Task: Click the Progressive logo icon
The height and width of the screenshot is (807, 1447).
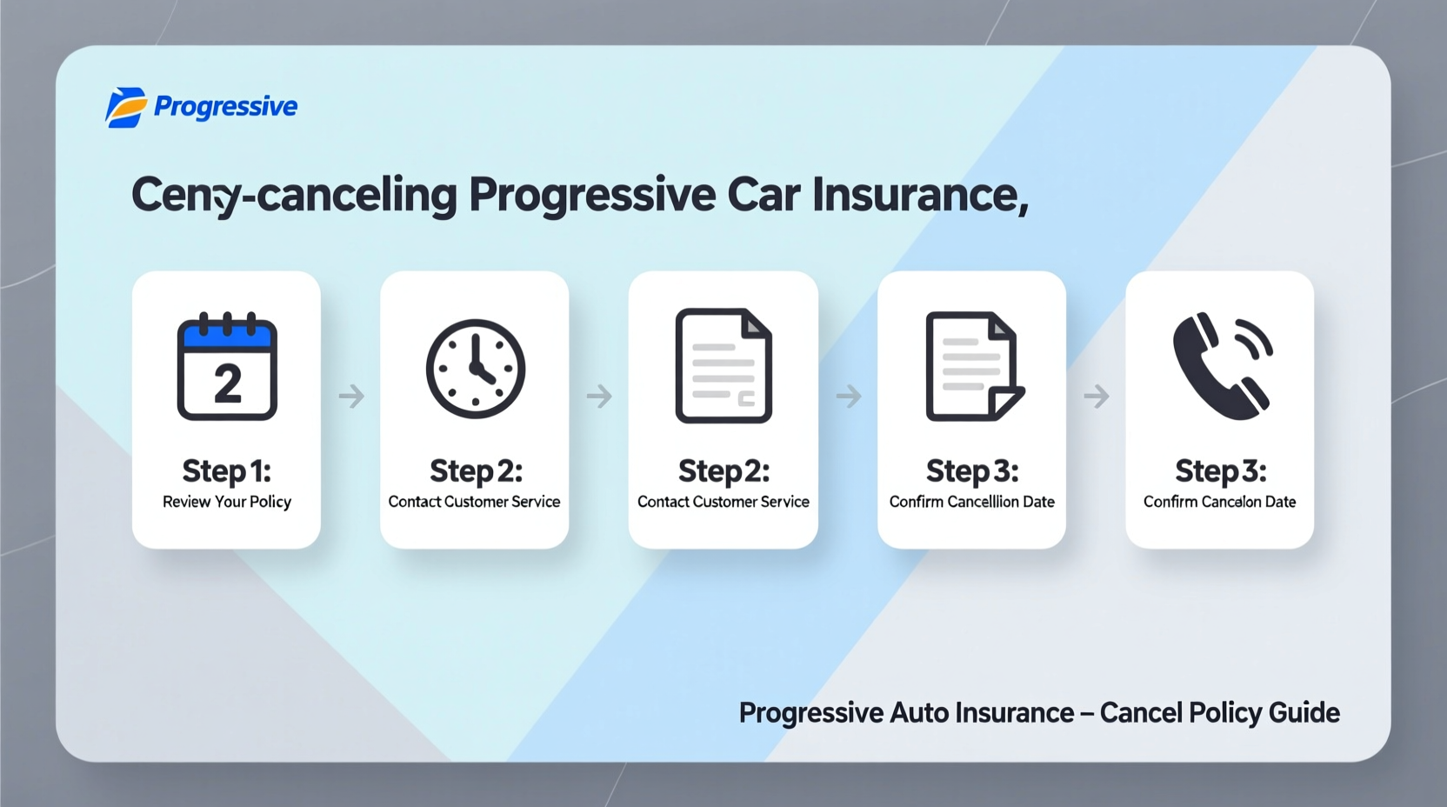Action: pyautogui.click(x=125, y=107)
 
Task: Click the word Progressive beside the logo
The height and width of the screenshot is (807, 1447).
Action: pyautogui.click(x=225, y=106)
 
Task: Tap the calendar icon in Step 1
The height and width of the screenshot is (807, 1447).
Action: pyautogui.click(x=227, y=366)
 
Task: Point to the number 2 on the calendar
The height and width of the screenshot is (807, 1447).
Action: pyautogui.click(x=228, y=383)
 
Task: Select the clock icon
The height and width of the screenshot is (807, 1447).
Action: pyautogui.click(x=476, y=369)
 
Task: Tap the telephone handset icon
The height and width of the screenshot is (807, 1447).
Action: pyautogui.click(x=1222, y=366)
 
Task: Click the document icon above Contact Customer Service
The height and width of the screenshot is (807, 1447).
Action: pyautogui.click(x=723, y=366)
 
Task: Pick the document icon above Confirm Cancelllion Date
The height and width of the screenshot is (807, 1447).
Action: pyautogui.click(x=973, y=366)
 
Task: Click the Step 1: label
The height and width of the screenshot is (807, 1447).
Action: pyautogui.click(x=227, y=470)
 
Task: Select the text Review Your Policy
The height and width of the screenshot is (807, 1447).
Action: pyautogui.click(x=227, y=502)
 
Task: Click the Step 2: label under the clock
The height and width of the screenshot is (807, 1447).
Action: pyautogui.click(x=476, y=470)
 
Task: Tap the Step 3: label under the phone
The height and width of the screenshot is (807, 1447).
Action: pyautogui.click(x=1220, y=470)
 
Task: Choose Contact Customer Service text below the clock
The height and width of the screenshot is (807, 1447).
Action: pyautogui.click(x=474, y=502)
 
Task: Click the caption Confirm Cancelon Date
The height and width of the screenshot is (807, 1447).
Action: pyautogui.click(x=1219, y=502)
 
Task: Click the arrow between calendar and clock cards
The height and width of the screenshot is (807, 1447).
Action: pyautogui.click(x=351, y=397)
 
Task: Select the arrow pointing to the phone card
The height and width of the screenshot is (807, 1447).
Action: pyautogui.click(x=1097, y=397)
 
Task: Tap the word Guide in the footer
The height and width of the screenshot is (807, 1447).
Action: pyautogui.click(x=1304, y=713)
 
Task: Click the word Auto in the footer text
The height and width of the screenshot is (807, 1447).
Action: pyautogui.click(x=919, y=713)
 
